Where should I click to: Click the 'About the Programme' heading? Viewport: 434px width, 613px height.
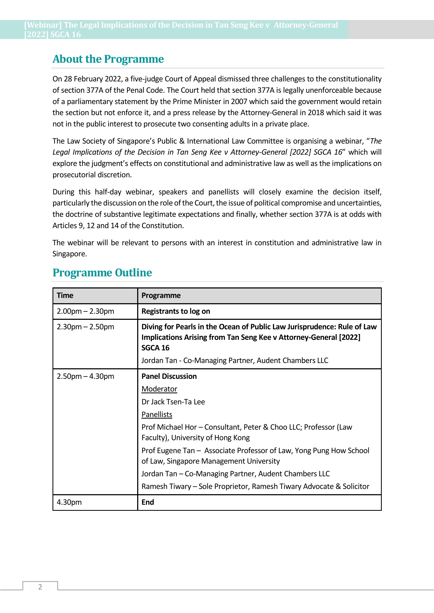[108, 59]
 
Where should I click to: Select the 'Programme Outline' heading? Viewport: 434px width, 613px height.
[102, 273]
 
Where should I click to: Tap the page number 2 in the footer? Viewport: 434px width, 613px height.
[40, 587]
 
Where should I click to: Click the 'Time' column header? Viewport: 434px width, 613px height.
[65, 296]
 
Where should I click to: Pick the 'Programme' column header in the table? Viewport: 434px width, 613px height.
[161, 296]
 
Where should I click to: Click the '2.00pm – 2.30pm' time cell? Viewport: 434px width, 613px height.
[85, 311]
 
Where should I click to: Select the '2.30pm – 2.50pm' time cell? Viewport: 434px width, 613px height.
[85, 327]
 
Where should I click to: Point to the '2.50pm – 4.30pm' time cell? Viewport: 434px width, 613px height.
[85, 376]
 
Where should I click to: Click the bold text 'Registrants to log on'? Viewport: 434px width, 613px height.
[176, 311]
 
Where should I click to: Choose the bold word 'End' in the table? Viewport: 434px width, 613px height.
[147, 502]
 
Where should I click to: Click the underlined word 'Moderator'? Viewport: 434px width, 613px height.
[159, 389]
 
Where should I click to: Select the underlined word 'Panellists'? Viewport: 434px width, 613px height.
[157, 415]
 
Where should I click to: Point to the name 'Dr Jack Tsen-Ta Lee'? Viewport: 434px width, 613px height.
[173, 402]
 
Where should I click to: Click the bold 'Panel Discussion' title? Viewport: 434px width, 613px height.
[169, 376]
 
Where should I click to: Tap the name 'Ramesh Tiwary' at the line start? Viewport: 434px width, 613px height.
[166, 487]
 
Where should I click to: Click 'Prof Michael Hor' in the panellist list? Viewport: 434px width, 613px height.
[169, 427]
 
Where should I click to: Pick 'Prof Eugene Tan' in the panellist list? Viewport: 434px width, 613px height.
[168, 451]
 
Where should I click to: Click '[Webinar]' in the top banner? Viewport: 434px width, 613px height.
[43, 25]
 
